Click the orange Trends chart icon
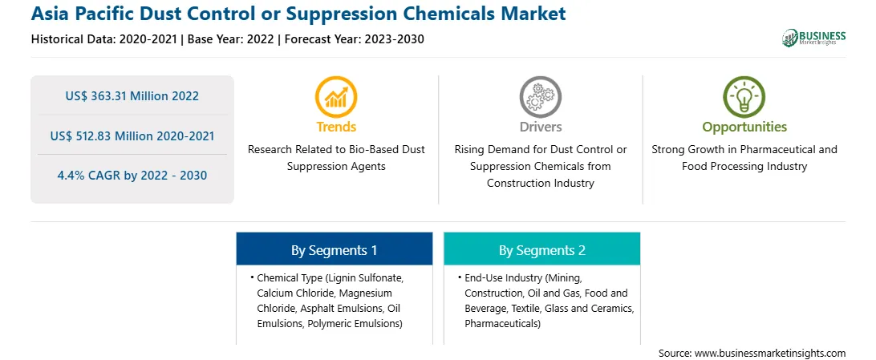[336, 97]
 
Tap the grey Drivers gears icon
[540, 97]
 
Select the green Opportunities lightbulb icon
[744, 97]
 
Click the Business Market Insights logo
[814, 38]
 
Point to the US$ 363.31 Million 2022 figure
[132, 96]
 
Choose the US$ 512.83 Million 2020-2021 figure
[132, 136]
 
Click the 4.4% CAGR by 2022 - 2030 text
[132, 176]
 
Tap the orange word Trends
[336, 127]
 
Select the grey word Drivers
[540, 127]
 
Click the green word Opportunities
[744, 127]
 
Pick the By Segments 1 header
[334, 251]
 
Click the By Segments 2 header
[542, 251]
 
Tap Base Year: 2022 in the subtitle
[231, 39]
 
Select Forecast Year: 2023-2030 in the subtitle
[354, 39]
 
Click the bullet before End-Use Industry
[458, 277]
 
